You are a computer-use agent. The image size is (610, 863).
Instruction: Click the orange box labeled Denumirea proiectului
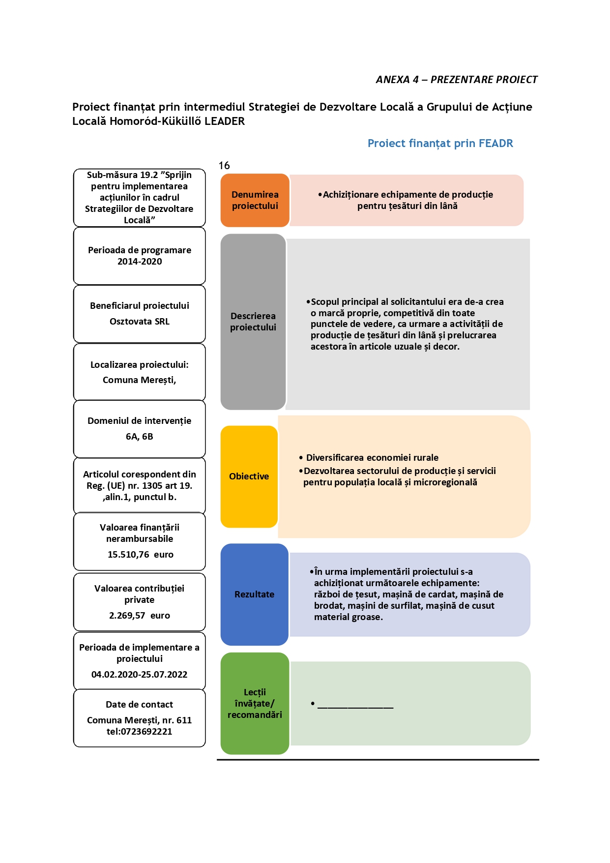point(255,200)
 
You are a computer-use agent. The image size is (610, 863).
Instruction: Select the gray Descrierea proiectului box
point(253,322)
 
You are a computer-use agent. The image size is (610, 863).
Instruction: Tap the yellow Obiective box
point(249,476)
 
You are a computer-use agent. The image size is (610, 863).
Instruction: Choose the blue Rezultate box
point(254,595)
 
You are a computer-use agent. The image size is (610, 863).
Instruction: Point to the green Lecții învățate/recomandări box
point(255,703)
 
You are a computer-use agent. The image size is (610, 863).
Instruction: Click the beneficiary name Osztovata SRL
point(140,322)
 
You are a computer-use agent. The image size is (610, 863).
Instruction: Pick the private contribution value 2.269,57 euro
point(140,616)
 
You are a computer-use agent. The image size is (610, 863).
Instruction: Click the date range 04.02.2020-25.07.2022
point(140,675)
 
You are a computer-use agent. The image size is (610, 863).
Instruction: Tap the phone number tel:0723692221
point(140,732)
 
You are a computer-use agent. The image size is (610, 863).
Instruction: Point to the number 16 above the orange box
point(224,166)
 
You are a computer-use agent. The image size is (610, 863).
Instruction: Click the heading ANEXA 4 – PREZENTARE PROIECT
point(457,80)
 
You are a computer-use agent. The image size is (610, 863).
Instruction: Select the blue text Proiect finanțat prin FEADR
point(440,144)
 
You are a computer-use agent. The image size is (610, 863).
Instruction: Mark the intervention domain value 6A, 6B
point(140,437)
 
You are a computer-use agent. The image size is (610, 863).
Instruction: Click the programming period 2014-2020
point(140,262)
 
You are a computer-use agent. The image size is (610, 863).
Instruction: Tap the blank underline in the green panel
point(355,708)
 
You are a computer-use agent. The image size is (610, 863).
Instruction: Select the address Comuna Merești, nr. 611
point(140,720)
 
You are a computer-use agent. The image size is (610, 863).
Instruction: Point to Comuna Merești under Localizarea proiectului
point(140,380)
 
